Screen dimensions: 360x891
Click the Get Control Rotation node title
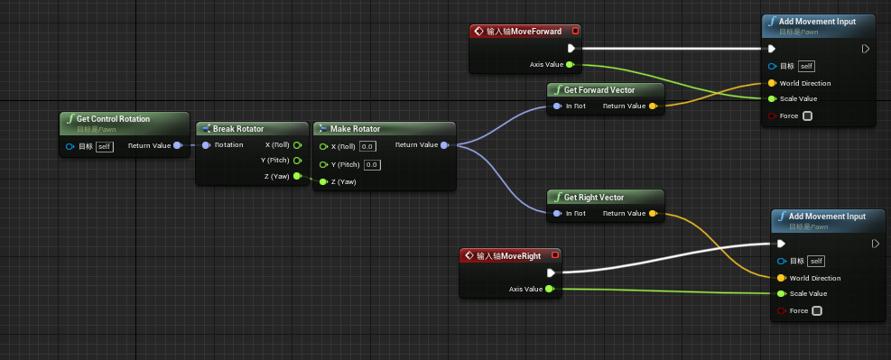[x=113, y=119]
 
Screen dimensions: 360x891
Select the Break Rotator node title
[x=238, y=129]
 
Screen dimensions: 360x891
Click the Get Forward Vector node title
[x=599, y=90]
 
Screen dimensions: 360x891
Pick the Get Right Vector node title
[x=594, y=198]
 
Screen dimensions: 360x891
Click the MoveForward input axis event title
[x=523, y=32]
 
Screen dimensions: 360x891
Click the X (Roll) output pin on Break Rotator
[x=297, y=145]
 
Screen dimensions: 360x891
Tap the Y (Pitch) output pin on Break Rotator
[x=297, y=161]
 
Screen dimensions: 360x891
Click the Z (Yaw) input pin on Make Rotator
[x=323, y=182]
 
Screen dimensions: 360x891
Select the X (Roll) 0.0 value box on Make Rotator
[x=367, y=146]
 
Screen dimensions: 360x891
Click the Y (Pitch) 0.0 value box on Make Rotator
[x=372, y=165]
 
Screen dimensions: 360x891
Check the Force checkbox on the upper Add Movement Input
[x=807, y=115]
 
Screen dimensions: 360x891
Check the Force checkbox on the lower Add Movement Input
[x=817, y=311]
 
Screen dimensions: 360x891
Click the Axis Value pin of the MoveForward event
[x=570, y=65]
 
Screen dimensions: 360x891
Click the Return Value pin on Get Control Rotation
[x=177, y=145]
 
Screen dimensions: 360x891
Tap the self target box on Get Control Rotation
[x=105, y=146]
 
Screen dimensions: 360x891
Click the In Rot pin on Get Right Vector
[x=556, y=214]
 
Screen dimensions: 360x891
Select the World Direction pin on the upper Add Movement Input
[x=771, y=83]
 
